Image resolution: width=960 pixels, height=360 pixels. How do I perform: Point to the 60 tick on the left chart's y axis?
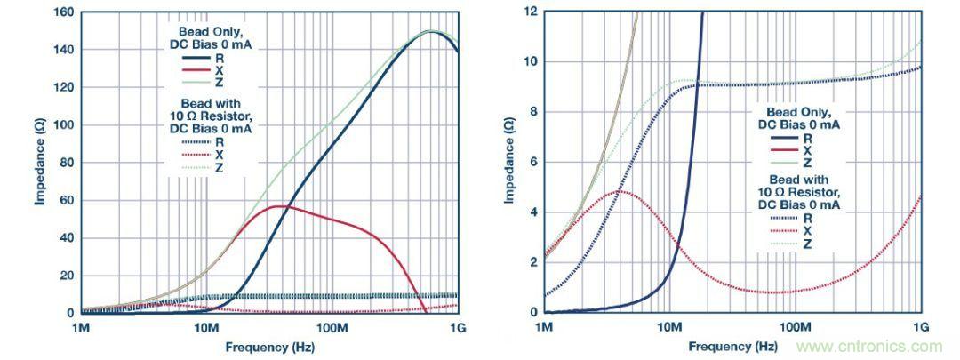point(64,200)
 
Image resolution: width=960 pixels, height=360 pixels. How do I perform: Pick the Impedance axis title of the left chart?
point(40,163)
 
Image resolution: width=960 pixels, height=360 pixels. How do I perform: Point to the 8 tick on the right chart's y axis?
point(531,112)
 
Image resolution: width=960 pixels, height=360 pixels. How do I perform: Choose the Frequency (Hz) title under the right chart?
point(732,345)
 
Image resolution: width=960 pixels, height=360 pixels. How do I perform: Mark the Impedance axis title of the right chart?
point(508,163)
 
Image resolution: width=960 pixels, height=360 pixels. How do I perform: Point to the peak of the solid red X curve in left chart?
point(279,206)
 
